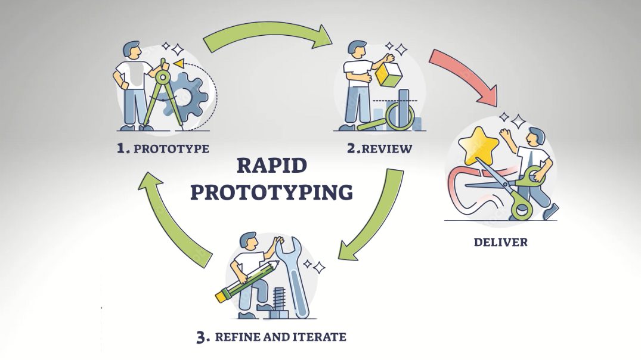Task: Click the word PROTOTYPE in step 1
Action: [171, 148]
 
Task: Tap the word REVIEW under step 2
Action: [387, 149]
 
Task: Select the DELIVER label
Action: [501, 242]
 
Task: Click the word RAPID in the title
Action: [272, 166]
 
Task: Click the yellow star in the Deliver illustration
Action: [478, 145]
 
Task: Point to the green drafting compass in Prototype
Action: [162, 94]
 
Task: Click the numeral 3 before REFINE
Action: [203, 337]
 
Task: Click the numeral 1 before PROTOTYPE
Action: [122, 148]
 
